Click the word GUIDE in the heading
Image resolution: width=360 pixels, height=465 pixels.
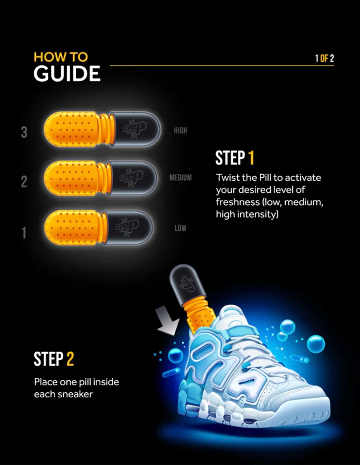point(67,73)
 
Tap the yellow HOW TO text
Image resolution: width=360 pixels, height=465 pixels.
point(61,57)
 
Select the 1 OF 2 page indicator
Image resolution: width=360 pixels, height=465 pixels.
point(324,59)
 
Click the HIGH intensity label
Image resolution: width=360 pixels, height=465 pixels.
point(180,131)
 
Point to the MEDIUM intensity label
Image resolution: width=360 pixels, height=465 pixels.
point(180,178)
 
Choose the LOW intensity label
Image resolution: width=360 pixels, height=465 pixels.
point(180,228)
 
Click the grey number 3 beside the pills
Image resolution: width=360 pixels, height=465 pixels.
point(24,132)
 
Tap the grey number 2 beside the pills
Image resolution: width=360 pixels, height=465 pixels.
point(24,181)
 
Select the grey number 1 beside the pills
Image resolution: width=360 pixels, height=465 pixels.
point(24,233)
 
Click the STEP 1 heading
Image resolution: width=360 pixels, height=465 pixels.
point(235,158)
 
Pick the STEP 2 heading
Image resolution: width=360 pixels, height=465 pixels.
point(54,359)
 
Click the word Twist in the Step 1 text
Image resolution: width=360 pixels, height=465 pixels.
point(226,178)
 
